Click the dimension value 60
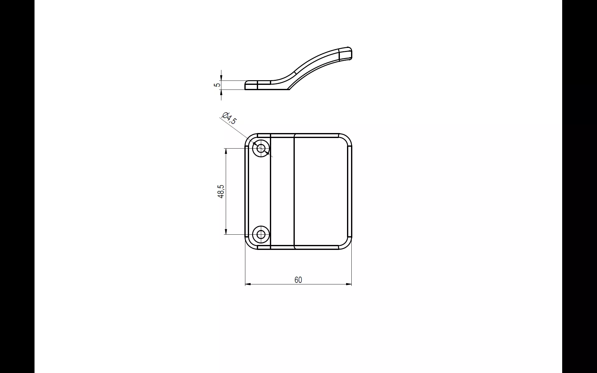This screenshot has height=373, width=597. [x=298, y=280]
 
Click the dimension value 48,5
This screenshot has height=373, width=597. [x=221, y=191]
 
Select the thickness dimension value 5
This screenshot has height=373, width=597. [x=217, y=85]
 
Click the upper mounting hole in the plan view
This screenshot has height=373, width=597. [x=261, y=148]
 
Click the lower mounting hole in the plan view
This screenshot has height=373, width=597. [x=261, y=234]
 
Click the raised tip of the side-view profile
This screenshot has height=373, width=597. [x=346, y=53]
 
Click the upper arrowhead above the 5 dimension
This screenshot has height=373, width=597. [x=221, y=78]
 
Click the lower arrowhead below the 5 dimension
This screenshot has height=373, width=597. [x=221, y=92]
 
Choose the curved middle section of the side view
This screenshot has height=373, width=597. [x=298, y=73]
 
